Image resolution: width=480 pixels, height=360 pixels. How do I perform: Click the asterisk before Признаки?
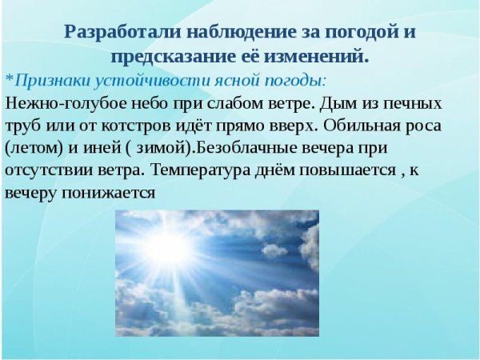point(9,81)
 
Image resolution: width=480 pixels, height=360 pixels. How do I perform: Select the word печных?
point(414,104)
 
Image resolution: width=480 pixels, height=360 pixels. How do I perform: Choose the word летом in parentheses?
point(34,149)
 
